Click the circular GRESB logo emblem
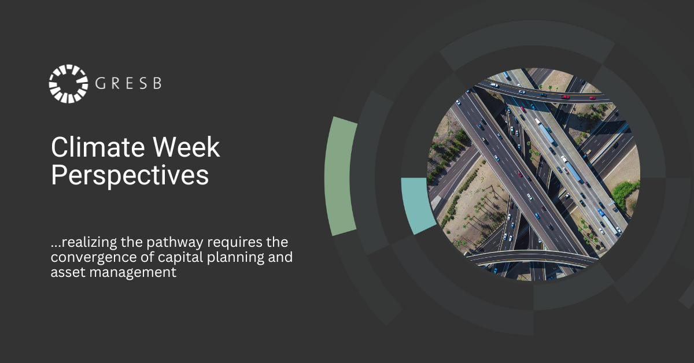point(68,84)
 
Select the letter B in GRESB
point(157,83)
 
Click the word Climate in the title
point(98,147)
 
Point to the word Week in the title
point(186,147)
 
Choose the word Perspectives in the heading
point(130,176)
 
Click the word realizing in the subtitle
point(89,242)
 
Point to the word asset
point(68,273)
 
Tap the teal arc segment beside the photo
point(417,205)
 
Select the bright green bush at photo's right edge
point(625,194)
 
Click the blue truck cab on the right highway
point(601,213)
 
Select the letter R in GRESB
point(116,83)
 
